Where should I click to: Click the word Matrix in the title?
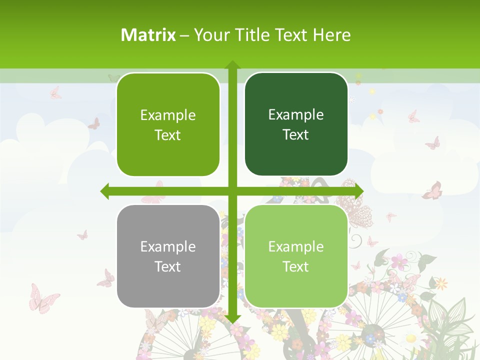point(148,35)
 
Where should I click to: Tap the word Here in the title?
point(331,35)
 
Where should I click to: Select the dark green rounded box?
point(296,124)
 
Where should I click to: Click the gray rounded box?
point(168,256)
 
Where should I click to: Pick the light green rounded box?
point(296,256)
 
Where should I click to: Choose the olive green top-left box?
point(168,124)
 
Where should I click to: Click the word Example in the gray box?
point(168,246)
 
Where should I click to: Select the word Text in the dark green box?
point(296,135)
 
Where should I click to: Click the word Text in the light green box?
point(296,266)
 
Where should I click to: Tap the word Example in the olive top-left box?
point(168,115)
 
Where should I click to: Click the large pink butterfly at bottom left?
point(43,298)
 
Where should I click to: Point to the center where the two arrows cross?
point(232,191)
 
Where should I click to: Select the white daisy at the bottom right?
point(411,338)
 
